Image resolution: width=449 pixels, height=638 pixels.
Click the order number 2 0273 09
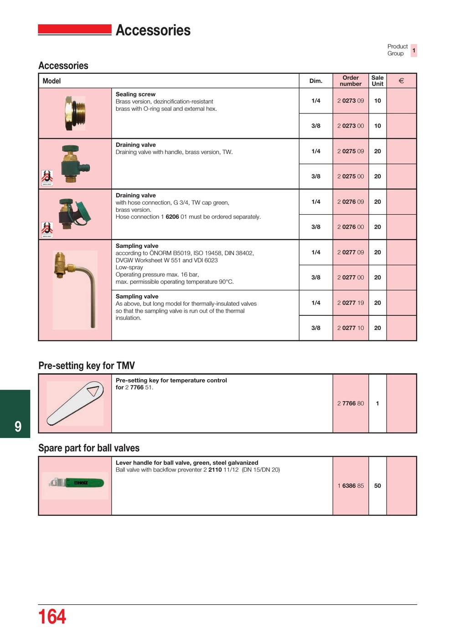tap(350, 101)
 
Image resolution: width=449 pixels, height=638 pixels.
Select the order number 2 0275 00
tap(350, 176)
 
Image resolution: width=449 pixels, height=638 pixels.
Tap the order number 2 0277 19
tap(350, 303)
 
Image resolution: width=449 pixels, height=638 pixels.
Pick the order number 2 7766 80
tap(350, 403)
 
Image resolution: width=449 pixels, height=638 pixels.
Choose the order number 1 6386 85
tap(350, 486)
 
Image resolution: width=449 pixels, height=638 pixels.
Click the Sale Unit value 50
tap(377, 486)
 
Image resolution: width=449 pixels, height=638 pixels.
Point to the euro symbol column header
tap(401, 81)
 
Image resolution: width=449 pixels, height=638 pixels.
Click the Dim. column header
tap(315, 81)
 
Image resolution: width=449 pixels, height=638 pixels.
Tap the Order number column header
tap(350, 81)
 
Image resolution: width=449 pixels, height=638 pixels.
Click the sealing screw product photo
tap(75, 113)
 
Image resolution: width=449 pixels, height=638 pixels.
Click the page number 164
tap(52, 617)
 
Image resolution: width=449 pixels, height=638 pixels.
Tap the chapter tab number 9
tap(18, 427)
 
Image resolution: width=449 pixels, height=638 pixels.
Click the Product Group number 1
tap(413, 50)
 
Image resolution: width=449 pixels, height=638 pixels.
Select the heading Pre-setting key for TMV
tap(87, 365)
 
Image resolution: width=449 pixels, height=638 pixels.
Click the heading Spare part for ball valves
tap(89, 448)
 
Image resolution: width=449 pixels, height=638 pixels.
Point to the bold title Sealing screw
tap(135, 94)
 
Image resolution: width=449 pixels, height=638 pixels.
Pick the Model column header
tap(52, 81)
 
